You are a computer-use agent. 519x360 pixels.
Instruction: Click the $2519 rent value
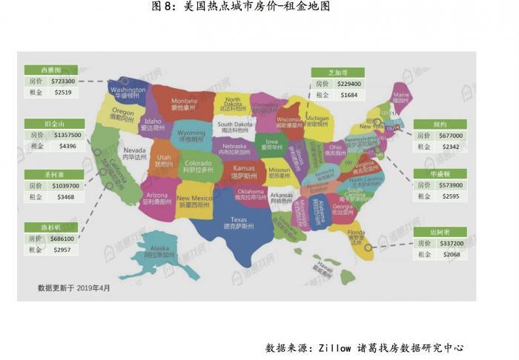pos(62,92)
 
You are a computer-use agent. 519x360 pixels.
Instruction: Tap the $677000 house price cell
pos(450,136)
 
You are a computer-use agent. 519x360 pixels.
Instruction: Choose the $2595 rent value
pos(450,196)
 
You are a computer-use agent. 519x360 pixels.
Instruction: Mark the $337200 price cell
pos(450,243)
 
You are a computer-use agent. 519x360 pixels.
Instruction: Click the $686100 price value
pos(62,239)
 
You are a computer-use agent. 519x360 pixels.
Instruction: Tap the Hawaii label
pos(323,264)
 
